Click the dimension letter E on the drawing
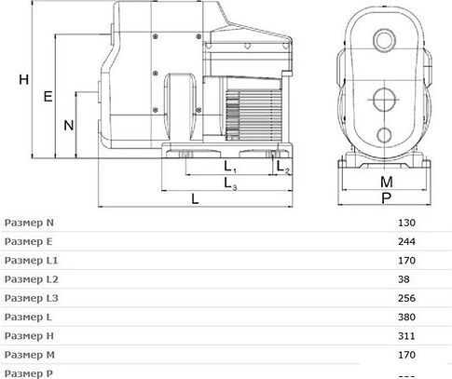pos(48,96)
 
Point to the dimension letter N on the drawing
pos(68,124)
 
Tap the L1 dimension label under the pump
pos(229,168)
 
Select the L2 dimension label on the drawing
pos(284,168)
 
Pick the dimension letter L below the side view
pos(194,198)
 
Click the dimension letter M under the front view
pos(386,182)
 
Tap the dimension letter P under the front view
pos(386,198)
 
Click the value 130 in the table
pos(406,223)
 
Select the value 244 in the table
pos(406,242)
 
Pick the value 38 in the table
pos(404,280)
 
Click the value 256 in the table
pos(406,299)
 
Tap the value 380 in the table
pos(406,318)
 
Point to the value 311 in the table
pos(406,336)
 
